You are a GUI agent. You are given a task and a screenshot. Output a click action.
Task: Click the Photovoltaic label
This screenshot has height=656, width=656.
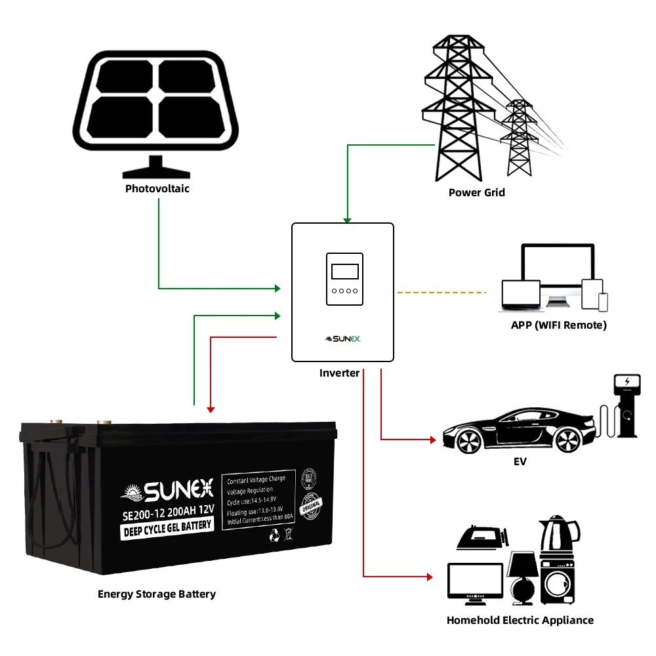(x=157, y=189)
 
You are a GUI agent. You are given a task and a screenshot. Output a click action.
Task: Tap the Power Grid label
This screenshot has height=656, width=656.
(x=477, y=192)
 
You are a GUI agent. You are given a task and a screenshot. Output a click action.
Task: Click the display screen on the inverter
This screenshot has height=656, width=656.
(x=344, y=272)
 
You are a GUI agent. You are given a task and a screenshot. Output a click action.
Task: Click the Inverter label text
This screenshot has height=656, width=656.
(x=339, y=373)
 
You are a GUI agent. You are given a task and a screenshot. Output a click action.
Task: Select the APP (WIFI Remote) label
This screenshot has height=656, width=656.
(x=559, y=325)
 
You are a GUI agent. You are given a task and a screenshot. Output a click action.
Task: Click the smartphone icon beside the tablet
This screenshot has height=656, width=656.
(x=603, y=302)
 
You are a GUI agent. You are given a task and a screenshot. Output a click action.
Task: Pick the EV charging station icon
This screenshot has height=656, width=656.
(x=626, y=407)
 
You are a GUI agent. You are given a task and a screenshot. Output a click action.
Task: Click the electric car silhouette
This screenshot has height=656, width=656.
(x=518, y=429)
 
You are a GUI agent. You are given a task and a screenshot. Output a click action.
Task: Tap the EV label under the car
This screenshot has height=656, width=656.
(x=520, y=462)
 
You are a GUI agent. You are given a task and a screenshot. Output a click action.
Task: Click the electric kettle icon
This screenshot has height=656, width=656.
(x=558, y=535)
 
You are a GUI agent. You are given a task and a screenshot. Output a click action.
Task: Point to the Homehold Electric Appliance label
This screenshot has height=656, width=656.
(x=520, y=620)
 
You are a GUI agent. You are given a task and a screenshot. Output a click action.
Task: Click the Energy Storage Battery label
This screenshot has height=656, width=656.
(x=157, y=594)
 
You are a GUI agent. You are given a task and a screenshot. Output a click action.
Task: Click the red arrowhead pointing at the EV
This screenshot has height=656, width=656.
(x=432, y=439)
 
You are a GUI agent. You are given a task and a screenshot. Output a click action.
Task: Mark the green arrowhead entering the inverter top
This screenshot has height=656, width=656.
(x=347, y=220)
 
